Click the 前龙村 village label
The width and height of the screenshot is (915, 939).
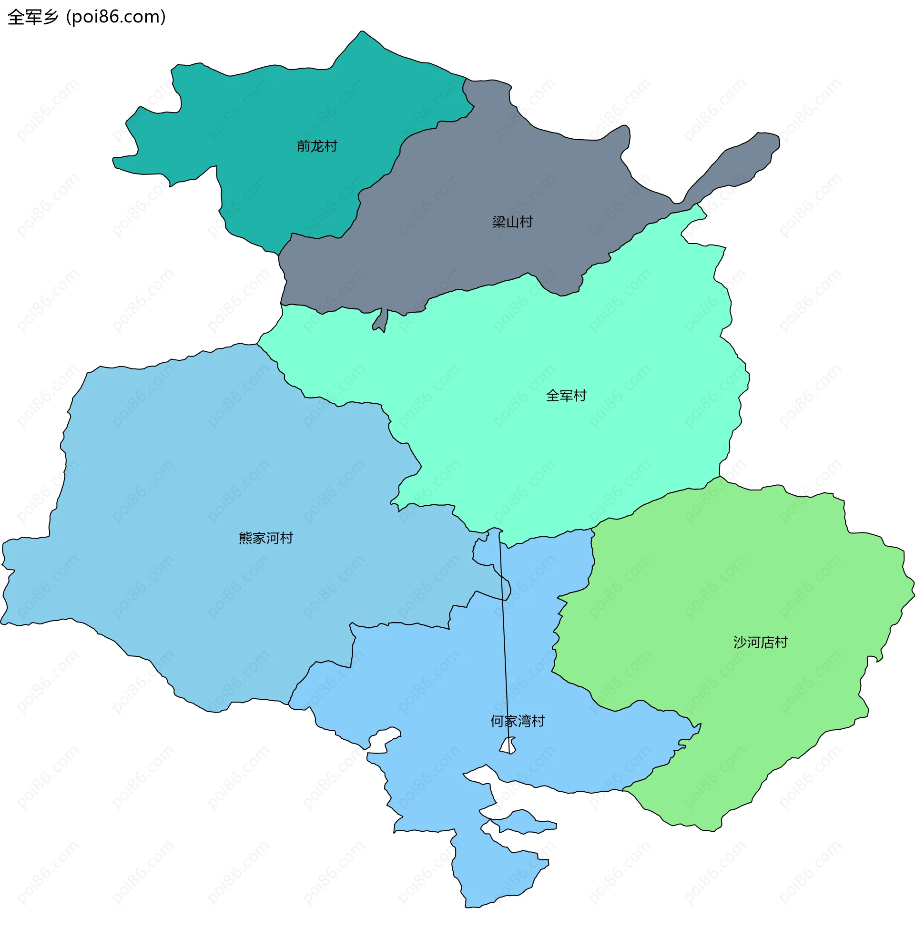[317, 145]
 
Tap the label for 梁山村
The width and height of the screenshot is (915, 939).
[512, 222]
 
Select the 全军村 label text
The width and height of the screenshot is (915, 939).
[566, 396]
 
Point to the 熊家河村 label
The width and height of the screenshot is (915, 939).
[266, 538]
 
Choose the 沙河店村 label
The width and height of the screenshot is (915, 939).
[760, 642]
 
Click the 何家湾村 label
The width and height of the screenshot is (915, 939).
[517, 721]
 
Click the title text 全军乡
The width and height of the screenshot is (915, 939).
[33, 17]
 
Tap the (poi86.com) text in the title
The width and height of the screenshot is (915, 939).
[116, 17]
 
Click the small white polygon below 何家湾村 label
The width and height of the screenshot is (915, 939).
[508, 745]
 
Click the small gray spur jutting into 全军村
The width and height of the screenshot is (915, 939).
[381, 321]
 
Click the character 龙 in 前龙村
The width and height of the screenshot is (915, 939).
[317, 145]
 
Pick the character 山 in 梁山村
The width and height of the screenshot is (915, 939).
[512, 222]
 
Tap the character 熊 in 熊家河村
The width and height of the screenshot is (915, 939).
[245, 538]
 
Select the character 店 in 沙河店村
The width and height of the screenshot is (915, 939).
[767, 642]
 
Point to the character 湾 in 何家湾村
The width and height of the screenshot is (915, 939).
[524, 721]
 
